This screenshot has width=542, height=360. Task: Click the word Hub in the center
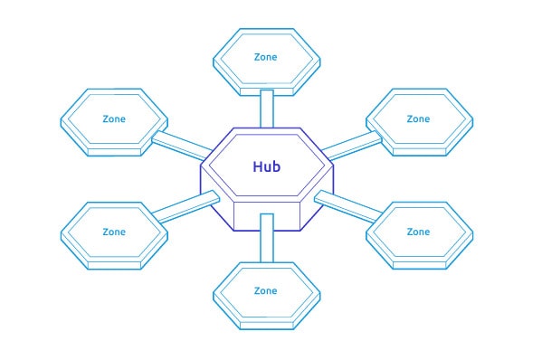[x=265, y=166]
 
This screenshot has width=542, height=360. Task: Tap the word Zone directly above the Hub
[x=265, y=56]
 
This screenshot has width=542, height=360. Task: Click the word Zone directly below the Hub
[x=265, y=290]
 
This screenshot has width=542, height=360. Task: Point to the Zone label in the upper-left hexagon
[x=114, y=118]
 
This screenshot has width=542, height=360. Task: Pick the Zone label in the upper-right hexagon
[x=418, y=118]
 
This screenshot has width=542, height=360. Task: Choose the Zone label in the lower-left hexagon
[x=114, y=232]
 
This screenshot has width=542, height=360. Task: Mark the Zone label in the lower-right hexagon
[x=418, y=232]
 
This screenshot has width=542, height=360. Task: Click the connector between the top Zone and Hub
[x=266, y=109]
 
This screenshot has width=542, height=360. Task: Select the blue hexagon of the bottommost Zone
[x=265, y=308]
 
